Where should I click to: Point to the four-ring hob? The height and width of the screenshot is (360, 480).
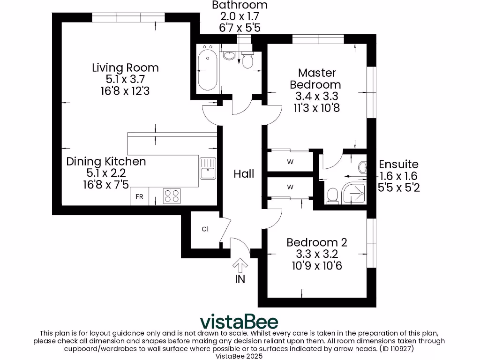(172, 195)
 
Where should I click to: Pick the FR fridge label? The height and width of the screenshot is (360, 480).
(139, 196)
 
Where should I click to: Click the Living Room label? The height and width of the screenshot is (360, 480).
(125, 67)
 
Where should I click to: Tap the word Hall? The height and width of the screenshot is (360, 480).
(244, 174)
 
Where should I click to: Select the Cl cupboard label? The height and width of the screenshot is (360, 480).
(205, 229)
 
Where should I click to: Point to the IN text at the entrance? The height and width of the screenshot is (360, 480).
(240, 279)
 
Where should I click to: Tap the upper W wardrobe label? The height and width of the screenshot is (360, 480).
(290, 163)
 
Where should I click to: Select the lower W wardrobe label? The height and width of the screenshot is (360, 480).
(290, 187)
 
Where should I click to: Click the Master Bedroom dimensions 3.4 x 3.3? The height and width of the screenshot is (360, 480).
(317, 97)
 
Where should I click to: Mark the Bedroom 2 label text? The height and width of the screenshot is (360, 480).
(317, 242)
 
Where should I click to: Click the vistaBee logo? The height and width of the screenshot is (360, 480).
(239, 322)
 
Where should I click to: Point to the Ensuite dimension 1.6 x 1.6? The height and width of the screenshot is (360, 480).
(398, 176)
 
